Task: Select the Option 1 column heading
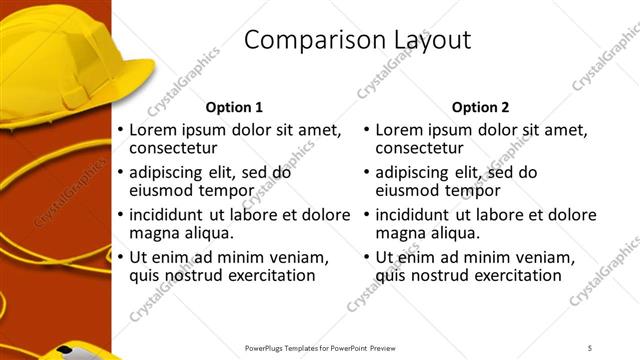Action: (234, 107)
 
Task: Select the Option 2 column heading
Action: (480, 107)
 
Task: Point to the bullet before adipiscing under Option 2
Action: (367, 173)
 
